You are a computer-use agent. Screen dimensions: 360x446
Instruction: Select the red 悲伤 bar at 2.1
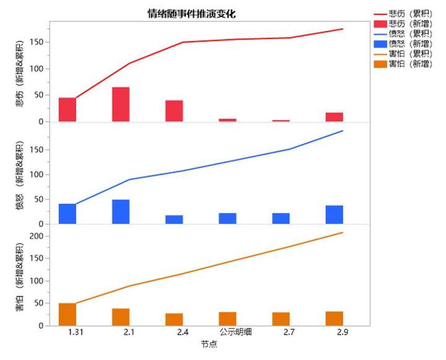[121, 104]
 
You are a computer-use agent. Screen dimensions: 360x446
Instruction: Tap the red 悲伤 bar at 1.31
[68, 110]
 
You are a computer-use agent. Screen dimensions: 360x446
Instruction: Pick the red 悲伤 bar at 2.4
[174, 111]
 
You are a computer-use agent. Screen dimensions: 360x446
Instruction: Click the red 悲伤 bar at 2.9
[334, 117]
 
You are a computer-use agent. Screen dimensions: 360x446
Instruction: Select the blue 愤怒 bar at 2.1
[121, 212]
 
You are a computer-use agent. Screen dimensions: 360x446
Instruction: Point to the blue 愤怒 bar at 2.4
[174, 219]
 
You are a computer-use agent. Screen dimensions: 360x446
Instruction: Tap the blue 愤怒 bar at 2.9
[334, 214]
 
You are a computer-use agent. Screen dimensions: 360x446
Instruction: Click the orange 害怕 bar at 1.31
[68, 314]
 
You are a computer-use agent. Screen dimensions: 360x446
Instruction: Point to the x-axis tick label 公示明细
[227, 333]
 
